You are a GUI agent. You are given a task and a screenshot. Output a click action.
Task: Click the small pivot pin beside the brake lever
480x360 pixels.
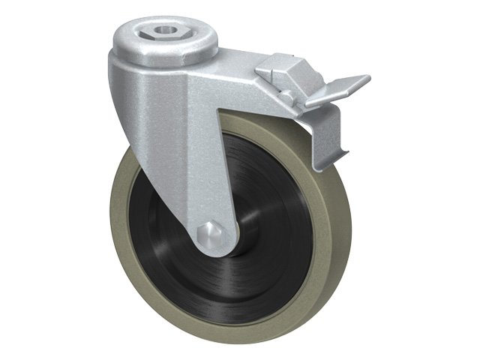pos(286,96)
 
